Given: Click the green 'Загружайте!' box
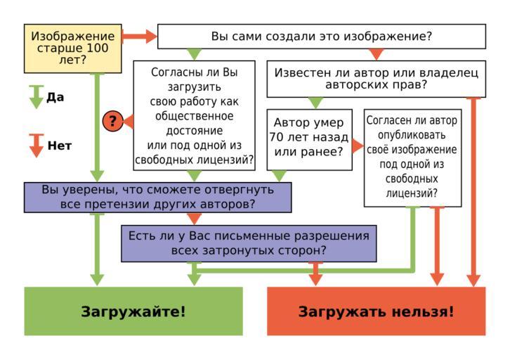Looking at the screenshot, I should point(133,311).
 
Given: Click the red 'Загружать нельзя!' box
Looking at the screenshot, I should point(376,311).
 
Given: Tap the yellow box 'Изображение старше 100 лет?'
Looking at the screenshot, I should point(73,48).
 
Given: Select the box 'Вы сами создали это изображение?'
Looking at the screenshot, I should point(321,36).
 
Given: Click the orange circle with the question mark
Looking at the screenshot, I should point(112,121).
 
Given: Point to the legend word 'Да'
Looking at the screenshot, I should point(55,97).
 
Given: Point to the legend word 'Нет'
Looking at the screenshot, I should point(60,146).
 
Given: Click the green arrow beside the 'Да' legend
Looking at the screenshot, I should point(36,97).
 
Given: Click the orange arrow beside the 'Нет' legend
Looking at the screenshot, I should point(36,146).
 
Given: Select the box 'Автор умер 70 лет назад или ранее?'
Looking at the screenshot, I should point(309,139).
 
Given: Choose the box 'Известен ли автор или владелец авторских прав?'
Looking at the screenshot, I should point(376,79).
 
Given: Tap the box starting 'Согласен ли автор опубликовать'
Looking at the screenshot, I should point(412,157).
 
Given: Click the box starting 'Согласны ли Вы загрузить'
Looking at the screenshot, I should point(195,116).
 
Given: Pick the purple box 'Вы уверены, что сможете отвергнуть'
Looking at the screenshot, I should point(157,197).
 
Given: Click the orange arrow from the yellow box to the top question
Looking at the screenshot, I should point(139,36).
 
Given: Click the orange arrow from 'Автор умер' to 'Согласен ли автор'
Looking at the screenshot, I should point(358,146).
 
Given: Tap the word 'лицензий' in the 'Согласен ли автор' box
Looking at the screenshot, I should point(412,194).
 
